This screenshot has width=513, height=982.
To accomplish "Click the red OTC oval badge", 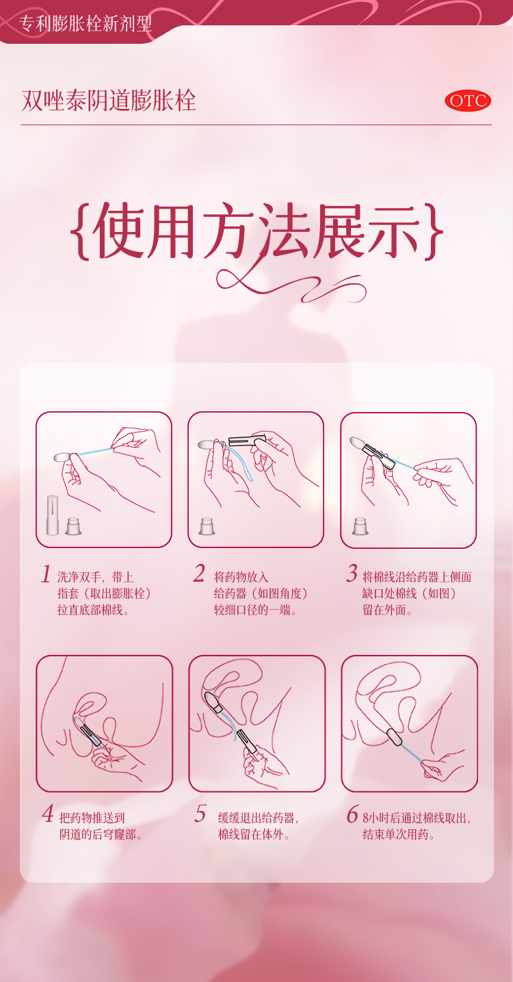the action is [x=467, y=101].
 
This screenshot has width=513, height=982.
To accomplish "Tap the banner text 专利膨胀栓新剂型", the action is [x=85, y=23].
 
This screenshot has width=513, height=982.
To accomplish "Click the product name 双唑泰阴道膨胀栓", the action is [x=109, y=101].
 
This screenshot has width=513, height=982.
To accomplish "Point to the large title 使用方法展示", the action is [x=256, y=231].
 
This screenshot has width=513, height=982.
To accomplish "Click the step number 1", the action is [x=46, y=574].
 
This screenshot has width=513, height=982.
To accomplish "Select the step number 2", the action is [x=199, y=573].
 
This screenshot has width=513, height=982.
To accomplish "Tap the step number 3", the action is [x=352, y=573].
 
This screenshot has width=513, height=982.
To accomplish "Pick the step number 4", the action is [x=48, y=814].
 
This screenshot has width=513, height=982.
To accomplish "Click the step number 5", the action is [x=200, y=814].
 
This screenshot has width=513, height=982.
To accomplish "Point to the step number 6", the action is [x=353, y=814].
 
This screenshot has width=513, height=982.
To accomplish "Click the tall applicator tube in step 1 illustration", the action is [x=53, y=515].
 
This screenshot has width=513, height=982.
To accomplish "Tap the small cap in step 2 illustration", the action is [x=207, y=526].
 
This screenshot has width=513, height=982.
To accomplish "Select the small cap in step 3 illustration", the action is [x=360, y=526].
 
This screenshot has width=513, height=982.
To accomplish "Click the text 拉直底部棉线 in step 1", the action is [x=90, y=610].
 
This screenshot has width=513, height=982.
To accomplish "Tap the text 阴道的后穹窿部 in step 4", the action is [x=98, y=834].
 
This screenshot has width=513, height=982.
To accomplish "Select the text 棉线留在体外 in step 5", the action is [x=250, y=834].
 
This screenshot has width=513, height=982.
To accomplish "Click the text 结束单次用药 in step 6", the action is [x=395, y=834].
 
